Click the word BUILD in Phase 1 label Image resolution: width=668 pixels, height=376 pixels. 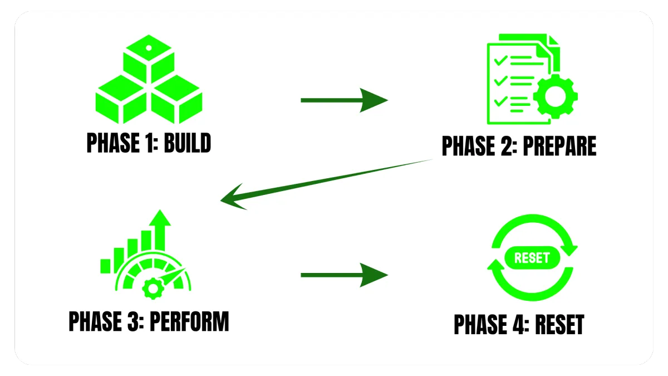tap(188, 143)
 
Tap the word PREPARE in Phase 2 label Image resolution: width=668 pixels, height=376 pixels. tap(559, 146)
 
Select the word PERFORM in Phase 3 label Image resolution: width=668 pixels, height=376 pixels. tap(189, 321)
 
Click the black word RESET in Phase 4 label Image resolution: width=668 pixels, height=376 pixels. tap(560, 324)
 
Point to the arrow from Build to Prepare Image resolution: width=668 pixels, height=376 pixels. tap(344, 100)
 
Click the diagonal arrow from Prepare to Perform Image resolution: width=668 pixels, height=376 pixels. tap(326, 184)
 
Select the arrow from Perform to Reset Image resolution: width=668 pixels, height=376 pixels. tap(344, 275)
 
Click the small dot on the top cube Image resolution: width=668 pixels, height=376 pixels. tap(149, 48)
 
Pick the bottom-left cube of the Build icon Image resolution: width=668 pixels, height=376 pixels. tap(121, 99)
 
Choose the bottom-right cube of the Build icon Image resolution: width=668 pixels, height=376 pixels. tap(176, 99)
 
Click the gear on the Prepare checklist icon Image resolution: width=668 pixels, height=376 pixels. tap(556, 96)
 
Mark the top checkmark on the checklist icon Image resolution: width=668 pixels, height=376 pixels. tap(500, 60)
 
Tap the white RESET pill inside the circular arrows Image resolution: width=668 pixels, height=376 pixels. tap(532, 258)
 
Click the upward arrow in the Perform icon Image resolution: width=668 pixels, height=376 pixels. tap(160, 229)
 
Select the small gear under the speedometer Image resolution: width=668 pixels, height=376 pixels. tap(153, 289)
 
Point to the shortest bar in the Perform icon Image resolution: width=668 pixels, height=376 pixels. tap(105, 266)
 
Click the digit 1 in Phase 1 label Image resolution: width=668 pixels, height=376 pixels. tap(149, 143)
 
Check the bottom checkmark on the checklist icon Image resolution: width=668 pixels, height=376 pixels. tap(500, 101)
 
